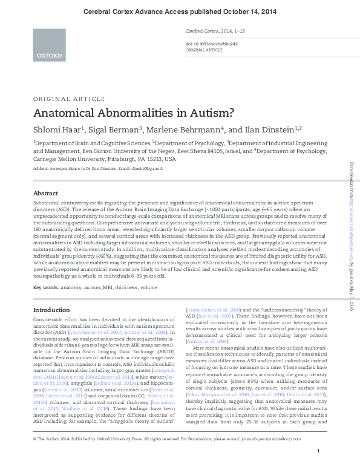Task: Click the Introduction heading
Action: tap(51, 310)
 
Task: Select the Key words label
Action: tap(45, 287)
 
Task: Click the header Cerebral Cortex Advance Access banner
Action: tap(180, 11)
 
